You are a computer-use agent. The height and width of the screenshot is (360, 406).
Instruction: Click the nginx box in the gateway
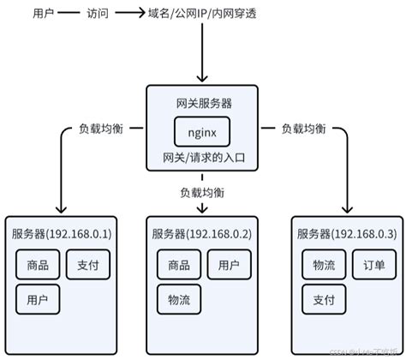203,133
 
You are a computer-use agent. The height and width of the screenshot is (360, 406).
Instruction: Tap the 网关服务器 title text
203,102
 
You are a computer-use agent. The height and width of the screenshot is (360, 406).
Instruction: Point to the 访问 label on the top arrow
98,14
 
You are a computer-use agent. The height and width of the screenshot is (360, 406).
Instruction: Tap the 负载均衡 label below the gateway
203,191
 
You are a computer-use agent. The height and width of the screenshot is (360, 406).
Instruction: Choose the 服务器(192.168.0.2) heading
203,234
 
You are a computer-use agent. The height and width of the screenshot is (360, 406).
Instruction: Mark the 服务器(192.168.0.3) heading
346,234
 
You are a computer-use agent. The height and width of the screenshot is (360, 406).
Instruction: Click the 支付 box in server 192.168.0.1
88,266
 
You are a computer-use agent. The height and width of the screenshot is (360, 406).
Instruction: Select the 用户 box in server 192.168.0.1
38,299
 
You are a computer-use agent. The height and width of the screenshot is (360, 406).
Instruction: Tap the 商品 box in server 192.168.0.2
179,266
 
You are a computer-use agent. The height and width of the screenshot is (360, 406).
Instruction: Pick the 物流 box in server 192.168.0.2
179,299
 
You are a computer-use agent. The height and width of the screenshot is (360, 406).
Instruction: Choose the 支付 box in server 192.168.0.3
323,299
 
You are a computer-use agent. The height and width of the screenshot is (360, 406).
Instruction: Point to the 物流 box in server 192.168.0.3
323,266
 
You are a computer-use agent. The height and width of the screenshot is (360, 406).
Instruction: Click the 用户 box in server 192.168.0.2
229,266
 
